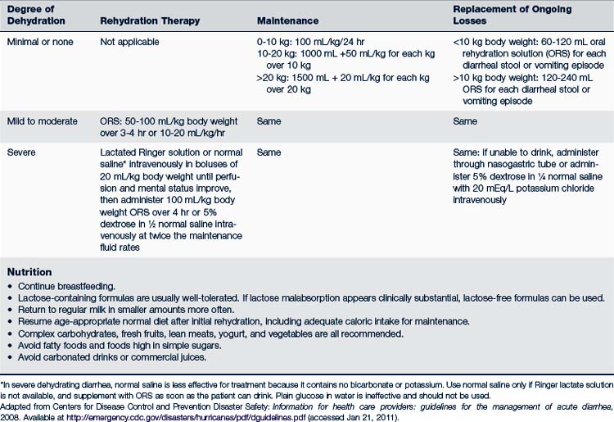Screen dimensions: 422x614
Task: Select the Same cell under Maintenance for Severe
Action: pos(269,152)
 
